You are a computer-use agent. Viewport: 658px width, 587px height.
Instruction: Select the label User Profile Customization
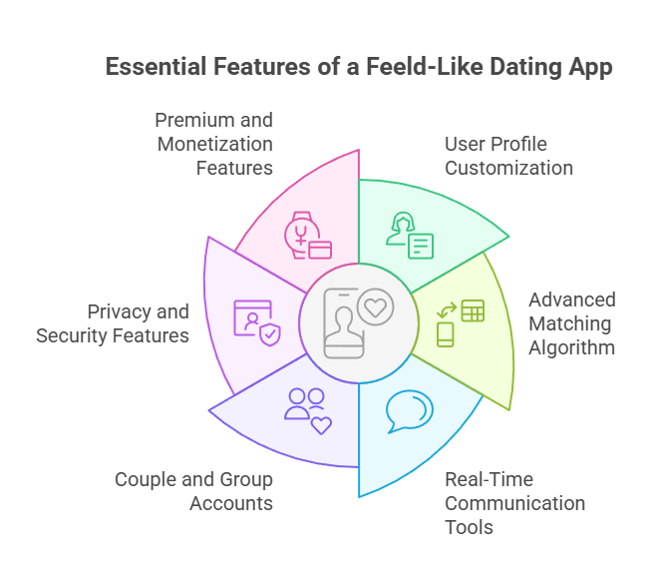click(x=508, y=156)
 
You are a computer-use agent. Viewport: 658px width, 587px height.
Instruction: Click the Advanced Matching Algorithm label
click(x=571, y=323)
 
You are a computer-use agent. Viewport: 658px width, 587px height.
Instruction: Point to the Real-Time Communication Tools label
click(x=514, y=502)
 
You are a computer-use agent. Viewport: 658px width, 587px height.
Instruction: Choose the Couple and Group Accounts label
click(x=193, y=491)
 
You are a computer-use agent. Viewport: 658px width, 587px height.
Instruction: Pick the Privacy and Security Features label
click(x=113, y=323)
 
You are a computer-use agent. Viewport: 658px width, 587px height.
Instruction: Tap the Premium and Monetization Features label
click(x=213, y=144)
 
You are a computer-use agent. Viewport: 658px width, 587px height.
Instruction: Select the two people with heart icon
click(x=307, y=409)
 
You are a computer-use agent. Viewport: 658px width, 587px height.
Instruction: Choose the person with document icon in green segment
click(x=409, y=236)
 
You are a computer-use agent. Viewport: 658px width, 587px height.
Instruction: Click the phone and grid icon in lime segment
click(x=460, y=322)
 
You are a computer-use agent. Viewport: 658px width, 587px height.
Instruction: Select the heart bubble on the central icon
click(x=375, y=306)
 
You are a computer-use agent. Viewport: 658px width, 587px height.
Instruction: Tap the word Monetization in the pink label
click(x=213, y=144)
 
